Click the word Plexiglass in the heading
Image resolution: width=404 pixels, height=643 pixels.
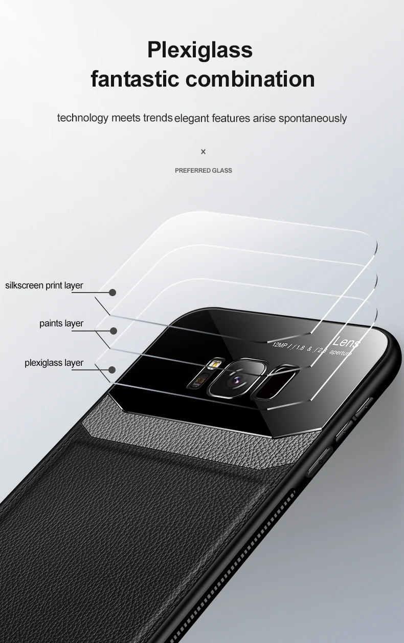(200, 51)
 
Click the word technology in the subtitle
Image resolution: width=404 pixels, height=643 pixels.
(83, 118)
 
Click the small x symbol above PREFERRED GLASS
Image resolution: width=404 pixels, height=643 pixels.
(203, 152)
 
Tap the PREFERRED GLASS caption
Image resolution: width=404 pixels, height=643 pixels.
(204, 171)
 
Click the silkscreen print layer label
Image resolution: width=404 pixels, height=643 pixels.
(44, 285)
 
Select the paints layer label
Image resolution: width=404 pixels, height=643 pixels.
(61, 323)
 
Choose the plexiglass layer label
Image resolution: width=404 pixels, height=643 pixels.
(54, 363)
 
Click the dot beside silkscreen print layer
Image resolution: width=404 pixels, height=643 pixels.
(113, 293)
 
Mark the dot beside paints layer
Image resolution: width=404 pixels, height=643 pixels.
(113, 331)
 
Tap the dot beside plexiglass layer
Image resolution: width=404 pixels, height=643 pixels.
(112, 369)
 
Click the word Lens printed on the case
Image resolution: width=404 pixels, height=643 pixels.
(347, 342)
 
